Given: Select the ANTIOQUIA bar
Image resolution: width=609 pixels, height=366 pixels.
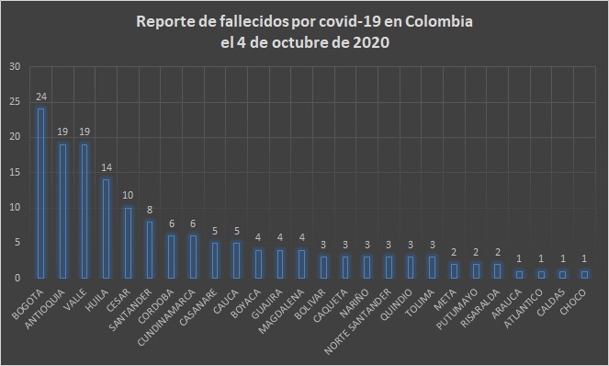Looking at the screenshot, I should (x=62, y=211).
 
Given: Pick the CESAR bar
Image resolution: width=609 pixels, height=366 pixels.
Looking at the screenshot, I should (x=128, y=242).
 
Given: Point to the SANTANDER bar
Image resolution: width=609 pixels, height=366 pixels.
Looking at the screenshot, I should (x=149, y=249).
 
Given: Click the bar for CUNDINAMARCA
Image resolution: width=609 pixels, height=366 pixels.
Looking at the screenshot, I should (x=193, y=257).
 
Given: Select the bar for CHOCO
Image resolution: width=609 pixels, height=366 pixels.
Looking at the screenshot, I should (x=583, y=274).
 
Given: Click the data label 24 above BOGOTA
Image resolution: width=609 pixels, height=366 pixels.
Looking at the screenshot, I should (x=40, y=97).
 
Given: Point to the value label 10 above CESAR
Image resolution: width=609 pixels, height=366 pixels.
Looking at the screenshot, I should (x=128, y=195).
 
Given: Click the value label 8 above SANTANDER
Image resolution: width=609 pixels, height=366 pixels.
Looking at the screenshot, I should (x=149, y=209).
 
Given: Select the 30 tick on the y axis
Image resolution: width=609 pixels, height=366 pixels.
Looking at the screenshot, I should (x=16, y=67).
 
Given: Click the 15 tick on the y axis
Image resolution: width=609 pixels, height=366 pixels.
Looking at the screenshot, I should (x=16, y=172).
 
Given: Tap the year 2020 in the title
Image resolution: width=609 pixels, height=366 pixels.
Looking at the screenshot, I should (x=371, y=44).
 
